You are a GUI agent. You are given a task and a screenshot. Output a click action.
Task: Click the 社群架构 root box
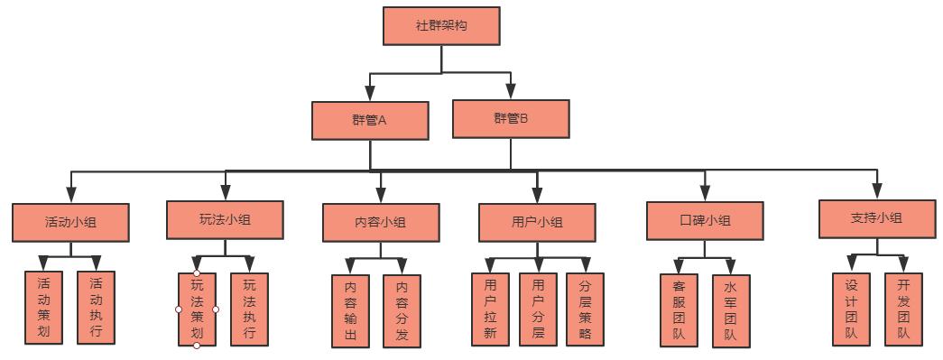[x=441, y=25]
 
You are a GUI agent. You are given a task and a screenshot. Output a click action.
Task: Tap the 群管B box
[x=511, y=118]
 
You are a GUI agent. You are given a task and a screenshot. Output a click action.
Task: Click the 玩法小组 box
[x=225, y=219]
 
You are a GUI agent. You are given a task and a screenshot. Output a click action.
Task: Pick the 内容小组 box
[x=381, y=223]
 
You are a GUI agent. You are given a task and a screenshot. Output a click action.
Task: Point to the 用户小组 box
[x=537, y=223]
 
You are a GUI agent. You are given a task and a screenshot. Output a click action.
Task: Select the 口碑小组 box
[x=705, y=220]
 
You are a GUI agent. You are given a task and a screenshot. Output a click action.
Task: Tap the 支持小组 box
[x=876, y=218]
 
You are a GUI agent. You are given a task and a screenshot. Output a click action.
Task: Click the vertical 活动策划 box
[x=43, y=308]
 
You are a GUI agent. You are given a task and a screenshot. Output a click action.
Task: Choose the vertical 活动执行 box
[x=96, y=308]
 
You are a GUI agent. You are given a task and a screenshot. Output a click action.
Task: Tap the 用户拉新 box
[x=490, y=309]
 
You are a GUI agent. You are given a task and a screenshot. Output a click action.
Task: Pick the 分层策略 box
[x=585, y=309]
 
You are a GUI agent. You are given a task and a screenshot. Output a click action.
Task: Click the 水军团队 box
[x=730, y=311]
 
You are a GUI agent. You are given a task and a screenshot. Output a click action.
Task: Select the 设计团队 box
[x=850, y=309]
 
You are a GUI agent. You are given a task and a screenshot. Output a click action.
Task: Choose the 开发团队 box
[x=902, y=309]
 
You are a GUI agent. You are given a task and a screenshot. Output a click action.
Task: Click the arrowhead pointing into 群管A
[x=370, y=94]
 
